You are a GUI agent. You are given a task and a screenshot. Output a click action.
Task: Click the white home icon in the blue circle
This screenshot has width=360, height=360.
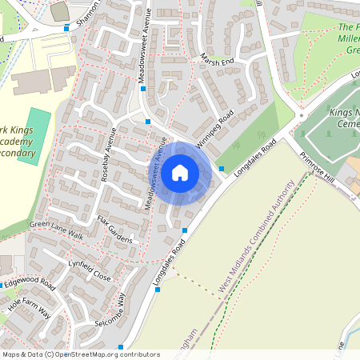coord(179,172)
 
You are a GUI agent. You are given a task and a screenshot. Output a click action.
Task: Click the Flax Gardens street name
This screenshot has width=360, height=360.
coord(115,230)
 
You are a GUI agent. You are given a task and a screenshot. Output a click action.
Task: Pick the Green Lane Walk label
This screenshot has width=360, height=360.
coord(56,231)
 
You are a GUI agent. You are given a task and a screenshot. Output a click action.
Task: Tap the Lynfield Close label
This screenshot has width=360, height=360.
coord(89,269)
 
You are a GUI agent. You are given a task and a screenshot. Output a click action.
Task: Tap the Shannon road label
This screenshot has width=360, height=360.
coord(86,14)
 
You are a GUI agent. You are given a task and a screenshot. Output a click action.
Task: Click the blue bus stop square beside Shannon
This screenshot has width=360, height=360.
coord(66,30)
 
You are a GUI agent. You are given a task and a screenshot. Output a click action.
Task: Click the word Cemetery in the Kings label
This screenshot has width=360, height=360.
coord(345,126)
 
